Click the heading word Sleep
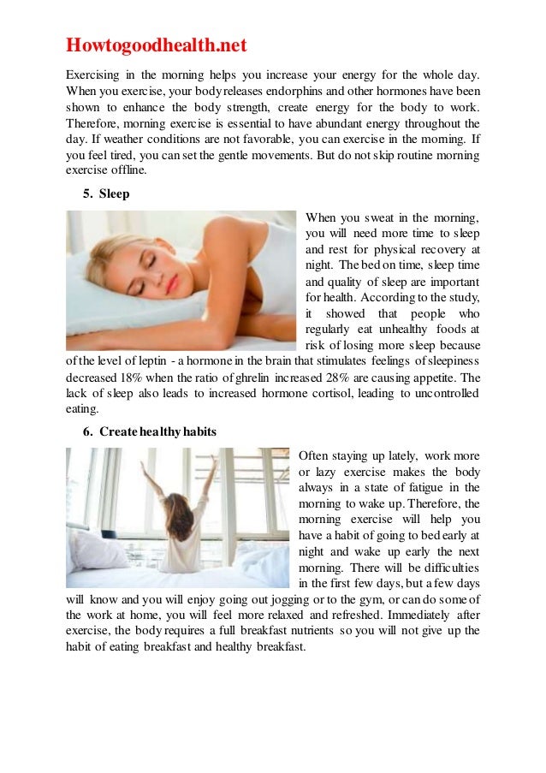click(114, 193)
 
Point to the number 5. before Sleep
click(88, 193)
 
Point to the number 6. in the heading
click(88, 431)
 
